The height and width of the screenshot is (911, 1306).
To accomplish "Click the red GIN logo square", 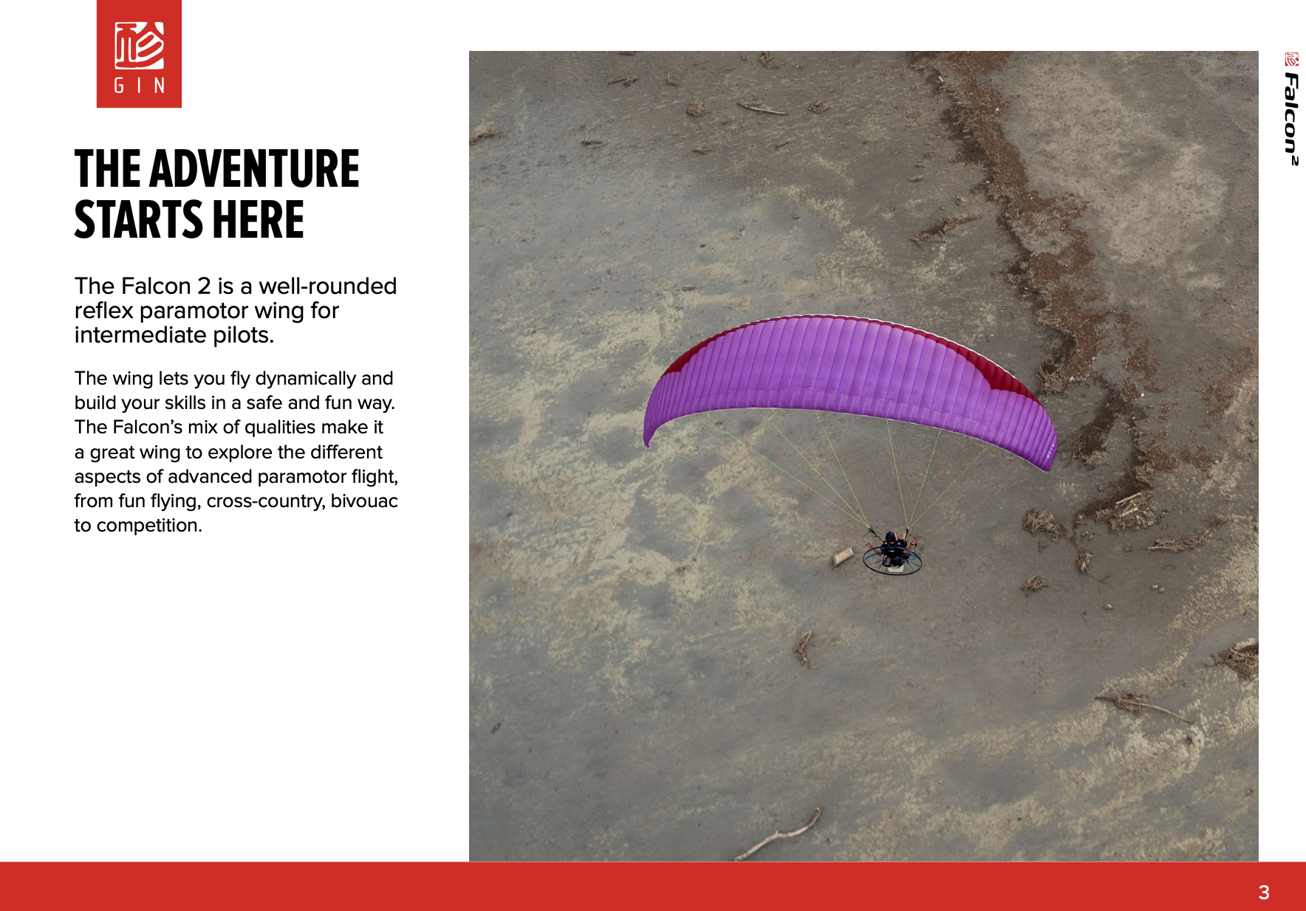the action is pyautogui.click(x=139, y=54).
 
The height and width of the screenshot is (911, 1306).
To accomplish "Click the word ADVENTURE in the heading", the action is pyautogui.click(x=254, y=169).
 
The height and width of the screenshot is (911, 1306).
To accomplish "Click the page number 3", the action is pyautogui.click(x=1264, y=893).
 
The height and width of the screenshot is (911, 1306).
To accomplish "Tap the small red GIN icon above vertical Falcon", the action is pyautogui.click(x=1291, y=59).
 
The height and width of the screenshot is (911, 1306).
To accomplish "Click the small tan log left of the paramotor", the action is pyautogui.click(x=843, y=556).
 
